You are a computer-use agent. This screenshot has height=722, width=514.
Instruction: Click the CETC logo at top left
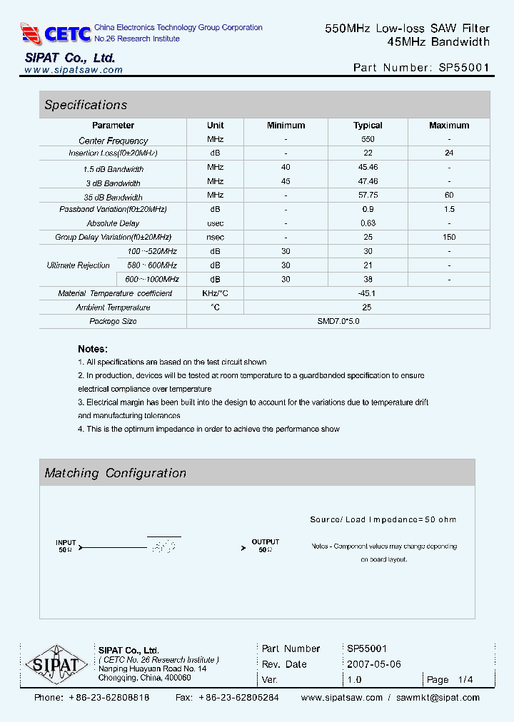[x=56, y=33]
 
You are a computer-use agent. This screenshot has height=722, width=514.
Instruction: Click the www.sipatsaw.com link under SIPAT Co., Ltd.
[x=74, y=70]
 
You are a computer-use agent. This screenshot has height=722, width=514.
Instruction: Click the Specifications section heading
[x=86, y=105]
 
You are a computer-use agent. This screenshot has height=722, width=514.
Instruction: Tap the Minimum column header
[x=286, y=126]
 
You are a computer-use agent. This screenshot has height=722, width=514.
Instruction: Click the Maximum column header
[x=449, y=126]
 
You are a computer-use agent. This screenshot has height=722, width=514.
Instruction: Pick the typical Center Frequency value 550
[x=368, y=140]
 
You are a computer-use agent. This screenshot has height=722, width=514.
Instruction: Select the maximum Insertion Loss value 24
[x=449, y=153]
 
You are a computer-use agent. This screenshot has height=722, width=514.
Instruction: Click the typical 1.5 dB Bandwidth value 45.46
[x=368, y=168]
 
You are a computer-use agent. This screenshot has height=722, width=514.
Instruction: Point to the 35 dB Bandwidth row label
[x=113, y=197]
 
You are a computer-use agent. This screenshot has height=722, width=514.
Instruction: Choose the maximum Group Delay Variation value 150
[x=449, y=237]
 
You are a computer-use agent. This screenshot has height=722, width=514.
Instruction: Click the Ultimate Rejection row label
[x=78, y=265]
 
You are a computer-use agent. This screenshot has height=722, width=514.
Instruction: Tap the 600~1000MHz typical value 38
[x=368, y=280]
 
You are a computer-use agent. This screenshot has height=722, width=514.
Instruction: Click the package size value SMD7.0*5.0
[x=338, y=321]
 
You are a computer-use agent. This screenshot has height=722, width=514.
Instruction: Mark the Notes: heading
[x=93, y=349]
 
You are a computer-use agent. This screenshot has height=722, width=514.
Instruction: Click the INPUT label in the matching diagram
[x=66, y=543]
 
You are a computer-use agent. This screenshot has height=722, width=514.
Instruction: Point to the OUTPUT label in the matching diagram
[x=266, y=542]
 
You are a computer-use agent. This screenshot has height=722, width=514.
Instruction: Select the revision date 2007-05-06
[x=374, y=664]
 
